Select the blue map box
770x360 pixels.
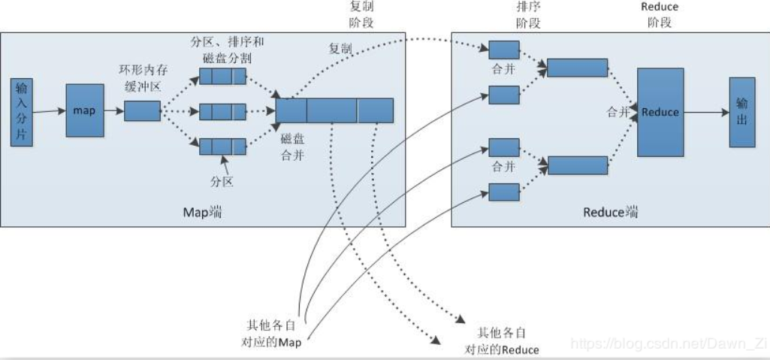85,110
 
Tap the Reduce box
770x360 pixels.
660,113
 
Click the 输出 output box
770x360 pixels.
742,112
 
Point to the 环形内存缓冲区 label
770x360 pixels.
143,77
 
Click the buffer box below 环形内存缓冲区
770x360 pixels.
142,111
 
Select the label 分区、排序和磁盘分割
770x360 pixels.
227,50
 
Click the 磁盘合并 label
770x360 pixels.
291,147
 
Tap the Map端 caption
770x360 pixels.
202,213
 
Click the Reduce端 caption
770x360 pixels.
611,213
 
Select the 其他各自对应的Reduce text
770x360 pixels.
501,341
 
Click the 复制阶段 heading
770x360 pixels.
361,14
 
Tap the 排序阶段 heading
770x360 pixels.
528,14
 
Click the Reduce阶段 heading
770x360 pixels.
660,14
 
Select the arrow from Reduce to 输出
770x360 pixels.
707,113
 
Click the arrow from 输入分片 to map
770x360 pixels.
50,111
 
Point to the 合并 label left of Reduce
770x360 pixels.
618,113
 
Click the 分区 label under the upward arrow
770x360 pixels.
222,182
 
